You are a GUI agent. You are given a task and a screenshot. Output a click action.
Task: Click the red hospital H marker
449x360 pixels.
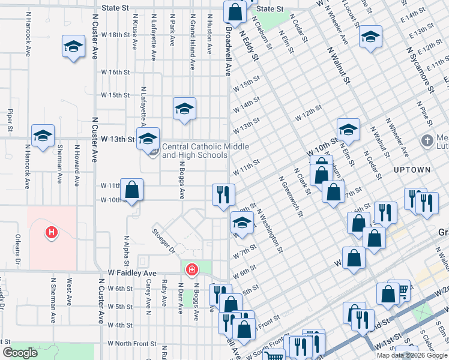(x=52, y=232)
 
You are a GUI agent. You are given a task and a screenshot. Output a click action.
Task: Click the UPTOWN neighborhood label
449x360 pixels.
(x=412, y=170)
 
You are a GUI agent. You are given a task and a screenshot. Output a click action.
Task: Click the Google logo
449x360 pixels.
(x=20, y=353)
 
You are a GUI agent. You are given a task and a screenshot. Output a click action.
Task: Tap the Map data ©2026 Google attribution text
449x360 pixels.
(x=412, y=355)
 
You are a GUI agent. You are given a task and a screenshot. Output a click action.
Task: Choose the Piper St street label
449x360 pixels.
(x=10, y=120)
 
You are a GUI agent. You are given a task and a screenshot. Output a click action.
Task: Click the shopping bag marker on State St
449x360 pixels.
(x=234, y=12)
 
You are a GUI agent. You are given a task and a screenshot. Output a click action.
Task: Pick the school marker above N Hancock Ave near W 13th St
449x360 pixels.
(x=43, y=136)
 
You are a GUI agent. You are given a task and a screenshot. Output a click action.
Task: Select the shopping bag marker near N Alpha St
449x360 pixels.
(x=131, y=190)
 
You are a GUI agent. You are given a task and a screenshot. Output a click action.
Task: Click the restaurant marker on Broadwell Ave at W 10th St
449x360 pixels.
(x=223, y=194)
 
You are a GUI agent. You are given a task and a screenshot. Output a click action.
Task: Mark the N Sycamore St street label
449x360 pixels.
(x=419, y=71)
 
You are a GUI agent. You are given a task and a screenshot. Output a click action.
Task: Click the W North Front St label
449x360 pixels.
(x=132, y=344)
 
